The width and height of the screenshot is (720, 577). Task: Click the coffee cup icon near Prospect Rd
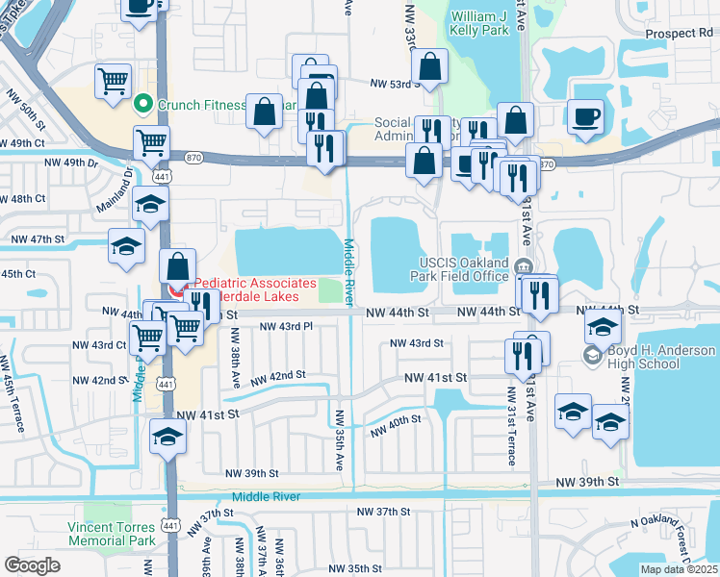click(585, 116)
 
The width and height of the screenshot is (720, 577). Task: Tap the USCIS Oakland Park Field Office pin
click(524, 266)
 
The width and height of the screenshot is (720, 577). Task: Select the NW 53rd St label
click(397, 84)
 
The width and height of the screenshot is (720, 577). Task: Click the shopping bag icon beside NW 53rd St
click(429, 67)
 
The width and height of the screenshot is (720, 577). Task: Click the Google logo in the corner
click(32, 564)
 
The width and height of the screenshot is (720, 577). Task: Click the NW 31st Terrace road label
click(508, 414)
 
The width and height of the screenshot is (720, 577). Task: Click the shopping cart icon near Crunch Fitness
click(114, 82)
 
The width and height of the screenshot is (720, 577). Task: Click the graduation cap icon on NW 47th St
click(126, 246)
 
